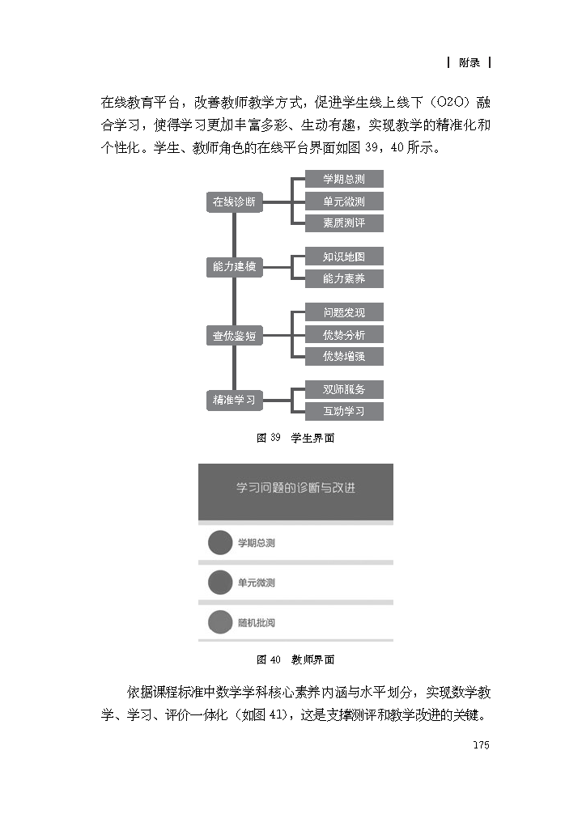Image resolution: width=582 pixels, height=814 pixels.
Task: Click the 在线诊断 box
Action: (234, 202)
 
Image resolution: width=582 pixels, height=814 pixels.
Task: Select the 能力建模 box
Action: (234, 266)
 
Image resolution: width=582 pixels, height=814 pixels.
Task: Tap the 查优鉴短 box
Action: (234, 335)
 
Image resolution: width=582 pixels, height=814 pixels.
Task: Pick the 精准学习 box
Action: (234, 400)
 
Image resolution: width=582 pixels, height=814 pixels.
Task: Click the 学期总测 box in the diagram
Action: (343, 180)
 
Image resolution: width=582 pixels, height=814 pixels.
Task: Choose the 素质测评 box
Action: (343, 223)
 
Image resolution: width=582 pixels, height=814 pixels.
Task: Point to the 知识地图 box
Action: (343, 257)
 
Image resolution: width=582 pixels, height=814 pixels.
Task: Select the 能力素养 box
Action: (343, 278)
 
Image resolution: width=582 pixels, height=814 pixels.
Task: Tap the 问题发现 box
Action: (343, 312)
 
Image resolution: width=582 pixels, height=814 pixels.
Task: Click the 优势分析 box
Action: (343, 334)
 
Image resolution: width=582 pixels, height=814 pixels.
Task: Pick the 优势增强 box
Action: (343, 356)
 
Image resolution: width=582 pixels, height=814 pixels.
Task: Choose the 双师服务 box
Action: (343, 389)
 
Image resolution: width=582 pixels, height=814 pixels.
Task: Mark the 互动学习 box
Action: (343, 411)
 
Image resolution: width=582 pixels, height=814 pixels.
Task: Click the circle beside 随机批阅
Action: (220, 622)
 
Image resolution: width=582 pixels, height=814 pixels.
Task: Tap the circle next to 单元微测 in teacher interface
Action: (220, 583)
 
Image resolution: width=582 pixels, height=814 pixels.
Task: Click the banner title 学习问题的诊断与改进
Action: (295, 488)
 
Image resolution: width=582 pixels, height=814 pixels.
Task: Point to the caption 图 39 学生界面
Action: (295, 438)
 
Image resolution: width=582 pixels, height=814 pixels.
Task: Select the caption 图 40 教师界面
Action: (295, 659)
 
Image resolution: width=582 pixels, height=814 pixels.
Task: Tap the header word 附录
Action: (469, 62)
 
